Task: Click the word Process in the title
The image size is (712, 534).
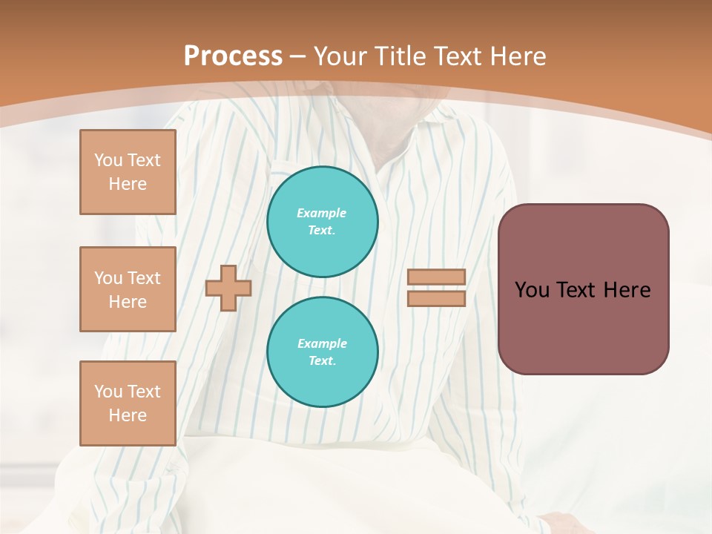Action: pos(233,56)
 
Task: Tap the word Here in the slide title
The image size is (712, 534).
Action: pos(518,56)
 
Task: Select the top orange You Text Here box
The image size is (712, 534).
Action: pos(128,172)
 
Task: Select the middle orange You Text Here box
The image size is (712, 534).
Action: pos(128,289)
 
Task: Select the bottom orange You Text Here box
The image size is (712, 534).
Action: pos(128,403)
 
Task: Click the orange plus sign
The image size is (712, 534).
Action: pos(228,288)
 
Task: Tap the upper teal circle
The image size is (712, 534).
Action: pos(323,222)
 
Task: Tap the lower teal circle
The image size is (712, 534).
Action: pos(323,352)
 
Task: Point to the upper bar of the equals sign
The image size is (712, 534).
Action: pos(437,277)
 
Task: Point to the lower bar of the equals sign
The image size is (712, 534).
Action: pos(437,298)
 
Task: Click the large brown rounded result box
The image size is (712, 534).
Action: pos(584,326)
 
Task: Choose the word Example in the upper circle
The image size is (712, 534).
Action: pos(322,213)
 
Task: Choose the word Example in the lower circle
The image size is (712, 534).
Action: pos(322,343)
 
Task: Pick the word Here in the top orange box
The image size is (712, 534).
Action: pos(128,184)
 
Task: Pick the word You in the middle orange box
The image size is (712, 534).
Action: pos(108,278)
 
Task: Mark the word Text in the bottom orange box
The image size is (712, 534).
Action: pos(143,392)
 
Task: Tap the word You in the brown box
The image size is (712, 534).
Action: pos(532,290)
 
